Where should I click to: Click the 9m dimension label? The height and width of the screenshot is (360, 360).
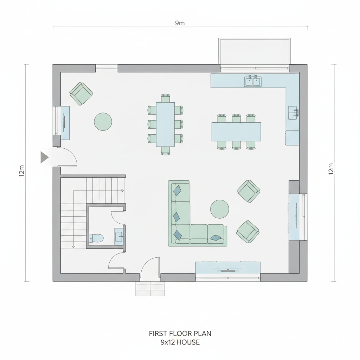click(x=180, y=23)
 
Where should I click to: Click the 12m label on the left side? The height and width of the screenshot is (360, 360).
click(x=21, y=171)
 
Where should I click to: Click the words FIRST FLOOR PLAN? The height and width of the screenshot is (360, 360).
click(x=180, y=333)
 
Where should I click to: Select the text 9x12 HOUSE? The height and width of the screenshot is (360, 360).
click(x=180, y=342)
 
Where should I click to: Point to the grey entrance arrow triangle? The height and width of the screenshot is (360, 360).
click(x=45, y=157)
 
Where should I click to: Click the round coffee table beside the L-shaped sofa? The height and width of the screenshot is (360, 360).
click(x=219, y=209)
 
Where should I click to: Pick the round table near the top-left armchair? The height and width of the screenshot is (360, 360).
click(x=103, y=122)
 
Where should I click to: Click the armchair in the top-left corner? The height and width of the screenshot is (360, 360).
click(x=81, y=94)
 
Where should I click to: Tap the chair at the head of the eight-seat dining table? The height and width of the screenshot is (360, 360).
click(x=165, y=98)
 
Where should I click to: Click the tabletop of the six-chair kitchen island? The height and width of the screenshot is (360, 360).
click(x=236, y=132)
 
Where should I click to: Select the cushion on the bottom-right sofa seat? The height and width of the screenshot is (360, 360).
click(x=216, y=238)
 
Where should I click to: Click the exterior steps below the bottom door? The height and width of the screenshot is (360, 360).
click(x=150, y=288)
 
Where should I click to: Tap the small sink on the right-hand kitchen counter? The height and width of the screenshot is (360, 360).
click(x=294, y=112)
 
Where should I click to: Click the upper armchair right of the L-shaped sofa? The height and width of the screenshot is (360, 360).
click(x=249, y=191)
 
